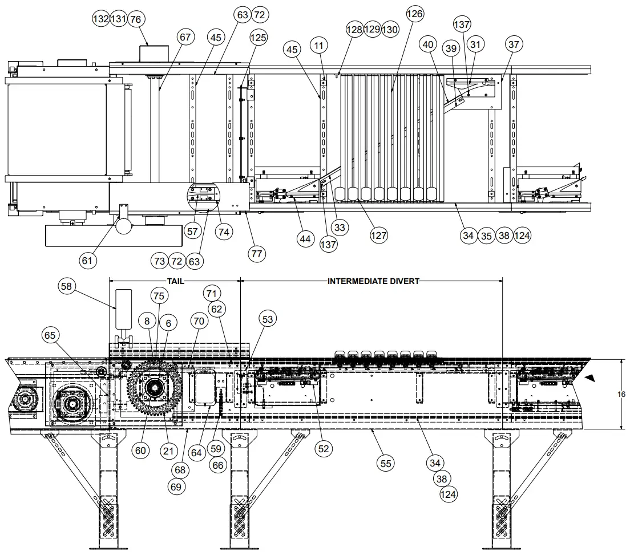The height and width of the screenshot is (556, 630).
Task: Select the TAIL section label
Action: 175,281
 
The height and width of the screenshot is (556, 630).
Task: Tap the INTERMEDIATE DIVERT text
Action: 373,281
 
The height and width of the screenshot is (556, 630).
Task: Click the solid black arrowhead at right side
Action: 589,377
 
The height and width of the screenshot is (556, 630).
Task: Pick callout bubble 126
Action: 415,14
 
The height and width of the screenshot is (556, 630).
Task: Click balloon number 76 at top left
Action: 135,19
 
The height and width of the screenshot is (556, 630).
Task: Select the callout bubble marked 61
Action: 87,261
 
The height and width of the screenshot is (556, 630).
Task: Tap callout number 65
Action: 50,336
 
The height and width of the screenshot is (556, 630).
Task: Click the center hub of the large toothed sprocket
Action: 153,388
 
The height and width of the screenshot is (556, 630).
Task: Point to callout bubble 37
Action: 514,44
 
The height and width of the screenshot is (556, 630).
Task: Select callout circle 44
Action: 305,239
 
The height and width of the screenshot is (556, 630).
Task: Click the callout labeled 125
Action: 258,38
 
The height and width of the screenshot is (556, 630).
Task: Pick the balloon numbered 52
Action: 324,449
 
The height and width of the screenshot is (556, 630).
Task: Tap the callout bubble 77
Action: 257,253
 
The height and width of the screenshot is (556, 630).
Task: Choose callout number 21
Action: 167,451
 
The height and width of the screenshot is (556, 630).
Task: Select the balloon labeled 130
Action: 390,29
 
